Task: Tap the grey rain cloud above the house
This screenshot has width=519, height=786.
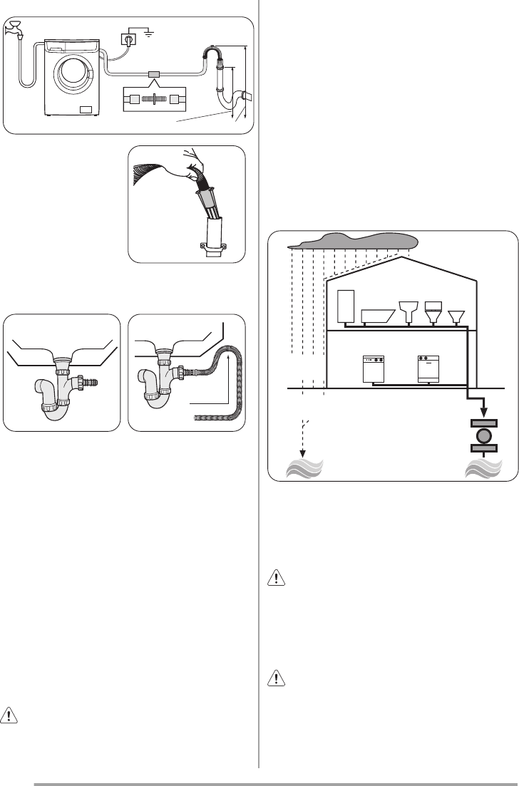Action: pyautogui.click(x=349, y=241)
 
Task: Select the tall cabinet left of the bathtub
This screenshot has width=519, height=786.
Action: pyautogui.click(x=346, y=306)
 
